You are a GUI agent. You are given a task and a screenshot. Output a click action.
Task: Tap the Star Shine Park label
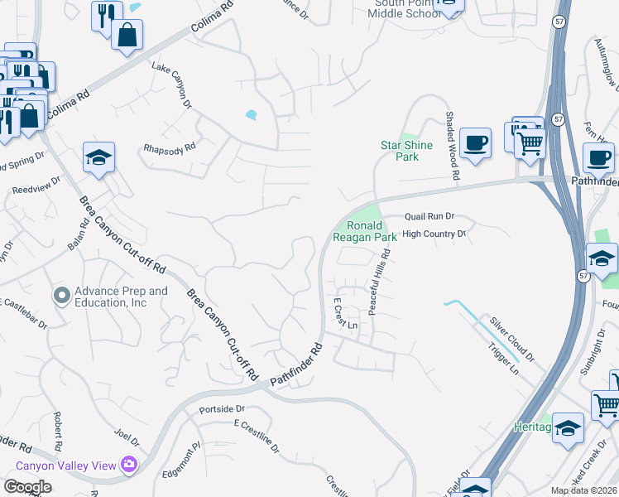[405, 151]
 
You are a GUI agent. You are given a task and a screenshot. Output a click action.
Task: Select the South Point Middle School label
[403, 7]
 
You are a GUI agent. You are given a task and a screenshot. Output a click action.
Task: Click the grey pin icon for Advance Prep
[62, 295]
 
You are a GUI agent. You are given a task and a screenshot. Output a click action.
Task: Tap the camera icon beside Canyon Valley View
[128, 465]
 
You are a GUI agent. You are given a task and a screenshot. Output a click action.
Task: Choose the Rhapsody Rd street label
[169, 147]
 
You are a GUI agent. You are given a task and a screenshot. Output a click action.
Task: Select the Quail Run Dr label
[429, 216]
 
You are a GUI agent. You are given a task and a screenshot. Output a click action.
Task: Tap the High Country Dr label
[435, 234]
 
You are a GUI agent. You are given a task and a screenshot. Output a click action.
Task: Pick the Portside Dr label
[223, 409]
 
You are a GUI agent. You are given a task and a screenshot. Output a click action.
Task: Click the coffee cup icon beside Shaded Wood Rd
[475, 142]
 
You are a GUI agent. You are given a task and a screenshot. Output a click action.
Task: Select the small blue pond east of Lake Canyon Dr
[251, 115]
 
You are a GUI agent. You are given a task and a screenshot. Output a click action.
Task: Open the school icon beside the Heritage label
[568, 427]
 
